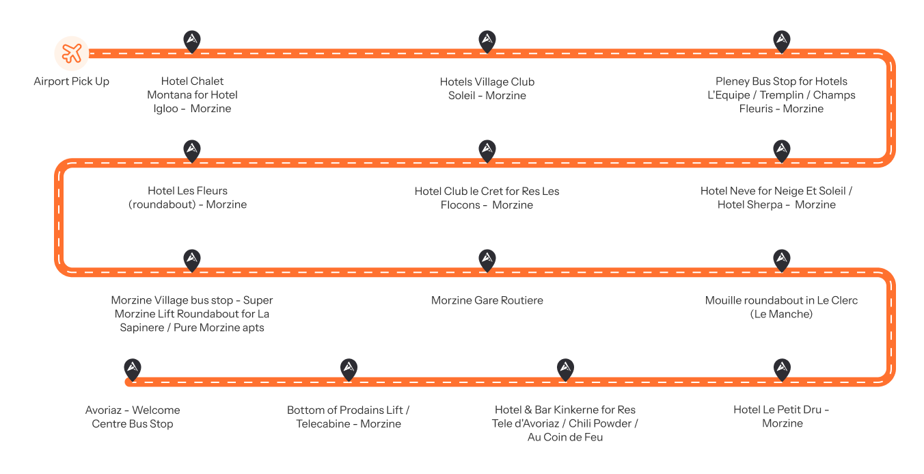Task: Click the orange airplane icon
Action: click(72, 53)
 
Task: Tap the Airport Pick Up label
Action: click(71, 81)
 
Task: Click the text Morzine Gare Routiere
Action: click(487, 300)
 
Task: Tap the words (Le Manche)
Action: click(781, 314)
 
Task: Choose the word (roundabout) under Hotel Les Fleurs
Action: click(163, 205)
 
